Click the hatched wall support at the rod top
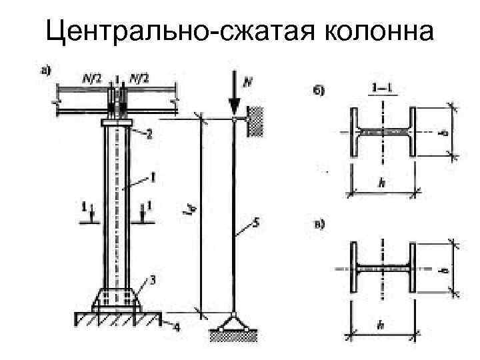click(x=254, y=121)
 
